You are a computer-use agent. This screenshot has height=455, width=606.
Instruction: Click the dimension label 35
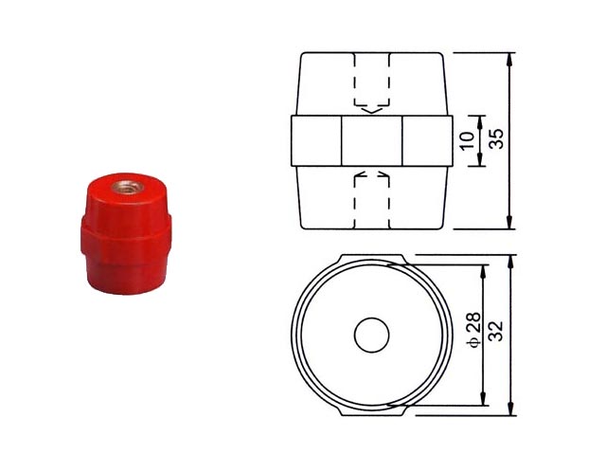click(x=497, y=138)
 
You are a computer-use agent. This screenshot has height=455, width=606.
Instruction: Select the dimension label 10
click(x=467, y=140)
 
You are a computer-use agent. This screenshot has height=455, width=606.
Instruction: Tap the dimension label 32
click(x=496, y=331)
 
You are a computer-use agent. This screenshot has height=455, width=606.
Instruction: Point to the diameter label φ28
click(x=474, y=330)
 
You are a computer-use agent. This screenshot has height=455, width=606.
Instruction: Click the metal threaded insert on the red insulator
click(x=128, y=188)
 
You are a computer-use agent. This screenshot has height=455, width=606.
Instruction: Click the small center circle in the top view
click(x=371, y=335)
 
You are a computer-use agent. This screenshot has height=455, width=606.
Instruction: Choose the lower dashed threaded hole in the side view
click(x=371, y=199)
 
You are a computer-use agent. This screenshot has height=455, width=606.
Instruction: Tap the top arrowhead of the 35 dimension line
click(x=509, y=60)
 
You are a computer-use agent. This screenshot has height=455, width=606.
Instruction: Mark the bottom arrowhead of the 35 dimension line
click(x=509, y=222)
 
